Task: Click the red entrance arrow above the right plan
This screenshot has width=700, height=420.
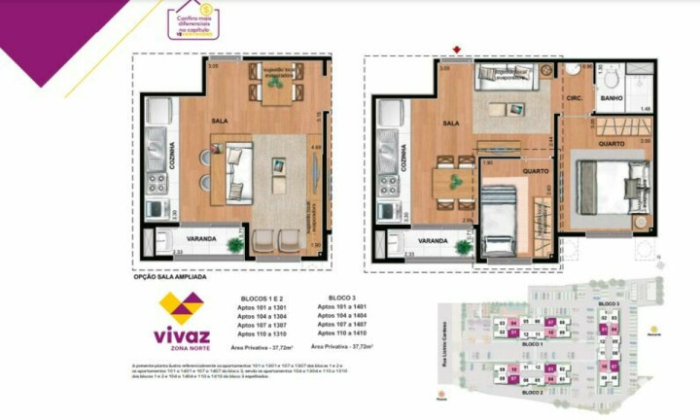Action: pyautogui.click(x=456, y=49)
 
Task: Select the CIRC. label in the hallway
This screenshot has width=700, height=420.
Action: pyautogui.click(x=574, y=98)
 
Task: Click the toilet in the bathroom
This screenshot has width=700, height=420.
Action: pyautogui.click(x=611, y=79)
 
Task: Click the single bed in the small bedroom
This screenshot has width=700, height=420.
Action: pyautogui.click(x=502, y=219)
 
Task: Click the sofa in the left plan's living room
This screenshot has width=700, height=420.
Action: pyautogui.click(x=236, y=172)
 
